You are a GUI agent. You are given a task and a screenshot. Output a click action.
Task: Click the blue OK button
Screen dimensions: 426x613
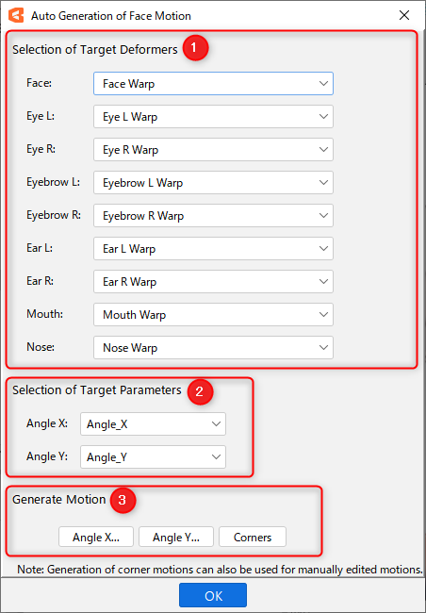tap(213, 595)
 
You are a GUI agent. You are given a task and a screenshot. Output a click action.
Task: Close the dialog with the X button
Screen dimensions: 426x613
tap(404, 16)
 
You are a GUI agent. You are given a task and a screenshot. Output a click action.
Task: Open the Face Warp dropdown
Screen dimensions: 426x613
tap(213, 83)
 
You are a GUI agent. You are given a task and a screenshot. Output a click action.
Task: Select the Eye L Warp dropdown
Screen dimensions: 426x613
tap(213, 117)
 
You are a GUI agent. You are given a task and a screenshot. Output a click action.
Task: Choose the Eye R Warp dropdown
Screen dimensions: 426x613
tap(213, 149)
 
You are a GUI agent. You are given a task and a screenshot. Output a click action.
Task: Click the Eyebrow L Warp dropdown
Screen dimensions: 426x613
tap(213, 183)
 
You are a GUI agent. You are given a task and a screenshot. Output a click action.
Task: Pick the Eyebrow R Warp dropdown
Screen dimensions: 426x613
tap(213, 215)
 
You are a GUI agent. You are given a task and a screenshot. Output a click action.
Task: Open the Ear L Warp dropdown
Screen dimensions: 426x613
tap(213, 249)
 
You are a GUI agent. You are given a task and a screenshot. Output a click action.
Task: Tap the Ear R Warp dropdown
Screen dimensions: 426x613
tap(213, 281)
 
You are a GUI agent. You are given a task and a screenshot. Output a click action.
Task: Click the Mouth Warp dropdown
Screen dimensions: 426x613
tap(213, 315)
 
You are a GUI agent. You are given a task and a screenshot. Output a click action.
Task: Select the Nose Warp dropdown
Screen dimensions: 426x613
tap(213, 348)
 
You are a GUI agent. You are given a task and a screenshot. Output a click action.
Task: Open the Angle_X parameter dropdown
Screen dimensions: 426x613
tap(154, 424)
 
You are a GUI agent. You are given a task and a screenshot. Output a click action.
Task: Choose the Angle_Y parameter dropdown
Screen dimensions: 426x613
tap(154, 457)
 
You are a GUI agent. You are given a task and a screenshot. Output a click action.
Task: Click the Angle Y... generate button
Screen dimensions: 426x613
tap(176, 538)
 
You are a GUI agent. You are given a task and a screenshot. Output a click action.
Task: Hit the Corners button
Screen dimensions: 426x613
tap(253, 538)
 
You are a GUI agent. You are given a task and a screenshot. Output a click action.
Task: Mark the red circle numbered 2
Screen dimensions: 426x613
tap(200, 391)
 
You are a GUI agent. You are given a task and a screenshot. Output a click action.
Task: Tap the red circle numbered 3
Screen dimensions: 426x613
tap(123, 500)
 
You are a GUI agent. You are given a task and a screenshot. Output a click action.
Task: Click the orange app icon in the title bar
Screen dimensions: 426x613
tap(16, 16)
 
